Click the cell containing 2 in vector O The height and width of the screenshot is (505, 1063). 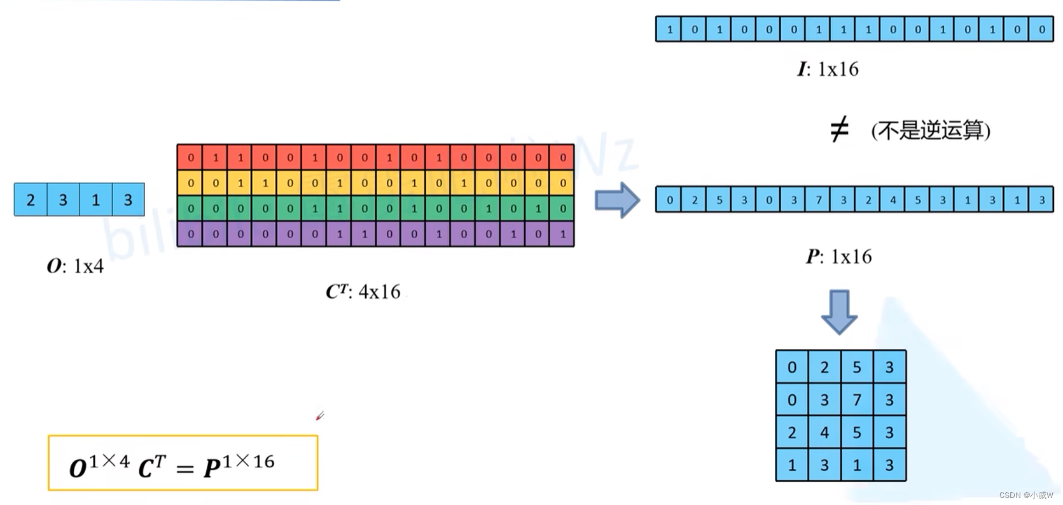31,200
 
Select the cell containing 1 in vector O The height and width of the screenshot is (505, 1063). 95,200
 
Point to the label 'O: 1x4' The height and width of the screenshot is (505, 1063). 75,266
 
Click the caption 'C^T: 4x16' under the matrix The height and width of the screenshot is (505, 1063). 363,292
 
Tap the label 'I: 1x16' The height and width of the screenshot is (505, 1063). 828,69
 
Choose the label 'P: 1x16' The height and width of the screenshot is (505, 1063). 838,257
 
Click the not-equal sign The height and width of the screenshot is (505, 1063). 839,130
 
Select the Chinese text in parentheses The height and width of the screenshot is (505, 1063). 931,131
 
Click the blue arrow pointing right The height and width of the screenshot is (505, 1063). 616,200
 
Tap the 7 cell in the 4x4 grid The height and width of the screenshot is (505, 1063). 857,400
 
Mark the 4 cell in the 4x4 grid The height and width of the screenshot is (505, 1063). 824,433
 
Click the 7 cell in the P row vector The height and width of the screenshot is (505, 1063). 819,200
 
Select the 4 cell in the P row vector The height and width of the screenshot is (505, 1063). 893,200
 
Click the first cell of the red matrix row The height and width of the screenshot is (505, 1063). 190,157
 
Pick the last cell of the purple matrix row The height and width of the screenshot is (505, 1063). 562,234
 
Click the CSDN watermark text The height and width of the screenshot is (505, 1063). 1025,495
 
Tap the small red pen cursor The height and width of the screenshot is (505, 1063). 320,416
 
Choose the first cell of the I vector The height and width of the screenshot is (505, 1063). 669,29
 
